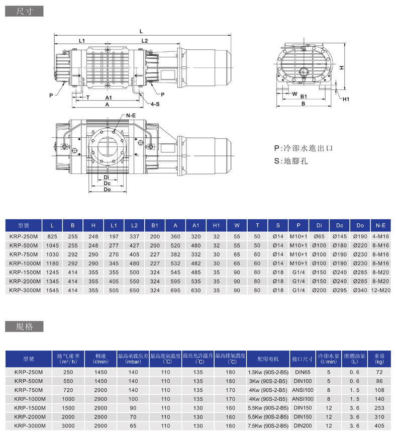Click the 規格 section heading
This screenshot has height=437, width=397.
[x=24, y=326]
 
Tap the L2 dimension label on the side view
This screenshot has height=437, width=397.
[x=144, y=40]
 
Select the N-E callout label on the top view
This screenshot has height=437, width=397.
[x=131, y=116]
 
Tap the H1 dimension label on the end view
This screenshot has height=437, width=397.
[x=346, y=99]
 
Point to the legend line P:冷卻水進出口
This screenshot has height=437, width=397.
[x=304, y=148]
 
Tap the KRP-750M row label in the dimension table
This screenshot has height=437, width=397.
[x=24, y=254]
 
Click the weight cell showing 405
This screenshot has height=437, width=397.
[x=379, y=425]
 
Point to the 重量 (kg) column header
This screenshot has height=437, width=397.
[x=379, y=359]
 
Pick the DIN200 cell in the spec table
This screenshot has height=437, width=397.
[x=303, y=425]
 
